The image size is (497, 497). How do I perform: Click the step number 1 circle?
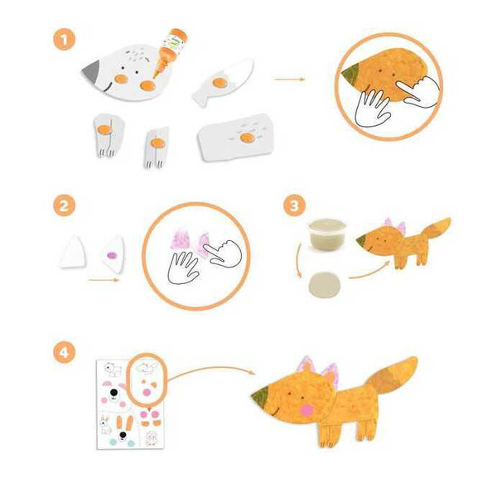coord(64,39)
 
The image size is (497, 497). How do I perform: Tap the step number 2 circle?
coord(64,205)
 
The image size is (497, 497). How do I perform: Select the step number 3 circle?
coord(294,205)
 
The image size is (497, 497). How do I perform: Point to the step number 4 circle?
coord(64,352)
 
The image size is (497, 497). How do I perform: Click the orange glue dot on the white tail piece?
coord(220,83)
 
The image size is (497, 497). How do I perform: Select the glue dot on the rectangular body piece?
coord(247,138)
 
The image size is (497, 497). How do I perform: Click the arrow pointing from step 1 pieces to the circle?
coord(289,79)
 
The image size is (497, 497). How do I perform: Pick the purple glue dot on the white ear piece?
coord(112,255)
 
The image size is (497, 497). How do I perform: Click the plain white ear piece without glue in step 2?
coord(73,251)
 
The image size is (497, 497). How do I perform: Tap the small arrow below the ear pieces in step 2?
coord(104,280)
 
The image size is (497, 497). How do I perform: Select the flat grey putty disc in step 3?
coord(325,284)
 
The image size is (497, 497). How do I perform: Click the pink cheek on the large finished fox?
coord(306,410)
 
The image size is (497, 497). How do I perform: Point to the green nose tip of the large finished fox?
coord(261,395)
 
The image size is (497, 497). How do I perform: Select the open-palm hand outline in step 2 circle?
coord(183,268)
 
